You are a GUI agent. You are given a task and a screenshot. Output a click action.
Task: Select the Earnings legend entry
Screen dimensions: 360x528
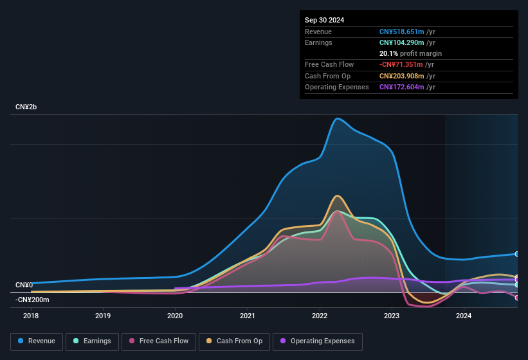[x=92, y=341]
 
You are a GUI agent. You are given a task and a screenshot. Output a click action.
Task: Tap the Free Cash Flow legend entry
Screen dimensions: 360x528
[x=158, y=341]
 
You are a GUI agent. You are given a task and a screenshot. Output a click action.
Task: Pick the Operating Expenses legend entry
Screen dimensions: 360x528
[x=317, y=341]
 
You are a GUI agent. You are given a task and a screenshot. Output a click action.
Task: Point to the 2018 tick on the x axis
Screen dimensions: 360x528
[x=31, y=316]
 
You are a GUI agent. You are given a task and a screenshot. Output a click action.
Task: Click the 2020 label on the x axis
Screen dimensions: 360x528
[x=175, y=316]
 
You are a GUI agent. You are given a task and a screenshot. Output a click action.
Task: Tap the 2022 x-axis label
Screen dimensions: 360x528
[x=320, y=316]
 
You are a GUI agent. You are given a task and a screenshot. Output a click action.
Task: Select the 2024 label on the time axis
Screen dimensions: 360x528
[x=464, y=316]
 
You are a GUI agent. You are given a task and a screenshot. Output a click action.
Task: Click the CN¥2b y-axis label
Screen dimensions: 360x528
[x=26, y=107]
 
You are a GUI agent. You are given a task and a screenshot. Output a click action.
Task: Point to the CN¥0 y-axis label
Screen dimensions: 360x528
[x=24, y=285]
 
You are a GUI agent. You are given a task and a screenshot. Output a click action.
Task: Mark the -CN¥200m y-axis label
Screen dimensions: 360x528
[x=32, y=300]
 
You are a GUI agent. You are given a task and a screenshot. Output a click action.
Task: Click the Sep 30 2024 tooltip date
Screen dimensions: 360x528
[x=324, y=20]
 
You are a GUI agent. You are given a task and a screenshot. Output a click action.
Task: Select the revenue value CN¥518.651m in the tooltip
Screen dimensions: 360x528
[x=401, y=32]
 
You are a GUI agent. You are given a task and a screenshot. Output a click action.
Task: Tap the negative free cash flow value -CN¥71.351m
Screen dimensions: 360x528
[x=402, y=64]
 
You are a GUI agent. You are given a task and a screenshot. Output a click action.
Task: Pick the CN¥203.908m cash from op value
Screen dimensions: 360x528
[x=401, y=76]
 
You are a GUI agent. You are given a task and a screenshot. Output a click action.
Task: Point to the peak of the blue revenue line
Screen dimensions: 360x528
[x=337, y=118]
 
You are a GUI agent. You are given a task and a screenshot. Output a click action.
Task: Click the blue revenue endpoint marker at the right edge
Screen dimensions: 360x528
[x=517, y=254]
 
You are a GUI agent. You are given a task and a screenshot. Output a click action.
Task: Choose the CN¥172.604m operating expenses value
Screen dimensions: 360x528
[x=401, y=87]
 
